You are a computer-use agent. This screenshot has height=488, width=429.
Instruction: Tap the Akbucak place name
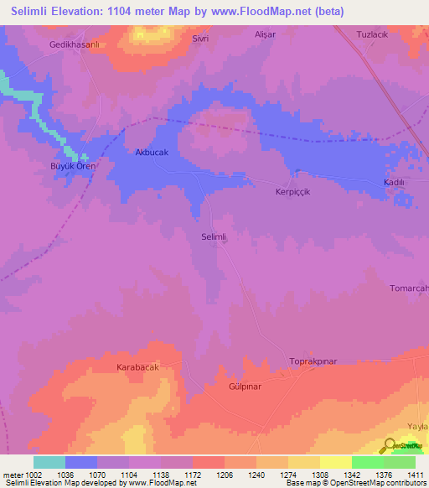coord(152,153)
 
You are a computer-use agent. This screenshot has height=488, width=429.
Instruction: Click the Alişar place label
coord(265,36)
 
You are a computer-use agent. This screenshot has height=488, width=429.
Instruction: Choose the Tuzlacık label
coord(374,35)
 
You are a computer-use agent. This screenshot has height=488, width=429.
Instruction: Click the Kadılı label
coord(394,182)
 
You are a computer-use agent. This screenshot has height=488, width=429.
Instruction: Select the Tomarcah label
coord(409,288)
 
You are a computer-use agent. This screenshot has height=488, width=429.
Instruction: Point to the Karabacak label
coord(137,367)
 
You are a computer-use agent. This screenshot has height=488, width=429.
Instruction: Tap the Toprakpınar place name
coord(313,361)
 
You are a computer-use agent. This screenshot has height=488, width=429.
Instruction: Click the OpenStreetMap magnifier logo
coord(390,446)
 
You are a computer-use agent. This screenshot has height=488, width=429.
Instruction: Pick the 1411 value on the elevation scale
coord(416,475)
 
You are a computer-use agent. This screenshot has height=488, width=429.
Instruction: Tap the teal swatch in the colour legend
coord(49,462)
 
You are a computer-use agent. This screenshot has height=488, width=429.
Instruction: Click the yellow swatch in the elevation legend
coord(335,462)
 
